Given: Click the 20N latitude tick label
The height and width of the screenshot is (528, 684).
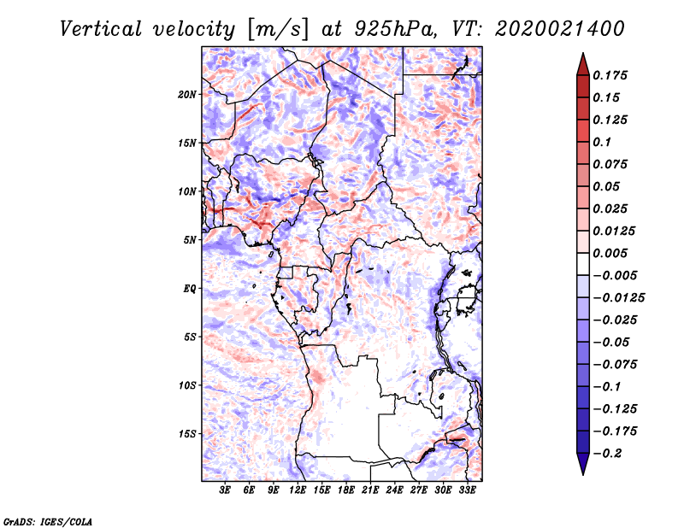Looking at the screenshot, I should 187,94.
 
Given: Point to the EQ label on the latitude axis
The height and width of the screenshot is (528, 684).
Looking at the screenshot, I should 190,289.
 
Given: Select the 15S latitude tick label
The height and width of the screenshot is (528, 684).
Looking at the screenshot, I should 187,434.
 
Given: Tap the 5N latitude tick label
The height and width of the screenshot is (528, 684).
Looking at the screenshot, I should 190,240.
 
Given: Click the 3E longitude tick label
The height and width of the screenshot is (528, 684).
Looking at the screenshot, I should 226,491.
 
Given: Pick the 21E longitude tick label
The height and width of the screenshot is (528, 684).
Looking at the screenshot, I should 370,491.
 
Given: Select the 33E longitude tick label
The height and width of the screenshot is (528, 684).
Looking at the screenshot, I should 467,491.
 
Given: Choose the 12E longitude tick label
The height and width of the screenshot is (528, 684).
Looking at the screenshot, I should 298,491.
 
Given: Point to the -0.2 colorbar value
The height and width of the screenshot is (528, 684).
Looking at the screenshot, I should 608,453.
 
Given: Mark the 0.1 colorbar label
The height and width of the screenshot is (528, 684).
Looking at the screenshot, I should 602,142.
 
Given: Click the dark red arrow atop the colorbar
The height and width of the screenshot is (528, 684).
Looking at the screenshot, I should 582,64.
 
